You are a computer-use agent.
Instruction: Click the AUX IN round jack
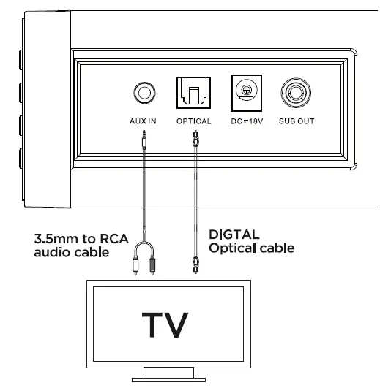[144, 93]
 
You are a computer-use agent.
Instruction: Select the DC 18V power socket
[246, 92]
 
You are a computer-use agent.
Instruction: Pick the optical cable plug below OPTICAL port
[194, 139]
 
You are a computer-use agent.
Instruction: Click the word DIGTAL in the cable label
[232, 236]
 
